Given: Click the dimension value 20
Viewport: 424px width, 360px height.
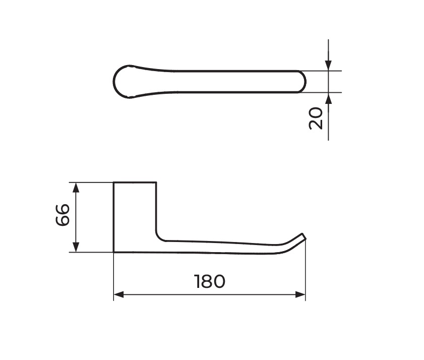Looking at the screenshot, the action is tap(316, 118).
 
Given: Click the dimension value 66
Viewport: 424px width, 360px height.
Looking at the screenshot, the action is tap(63, 215).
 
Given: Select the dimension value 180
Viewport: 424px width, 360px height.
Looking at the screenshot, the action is tap(210, 281).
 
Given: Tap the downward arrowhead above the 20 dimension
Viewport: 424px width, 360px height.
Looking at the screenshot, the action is tap(328, 65).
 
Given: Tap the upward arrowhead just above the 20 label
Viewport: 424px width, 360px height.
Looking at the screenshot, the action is tap(328, 98).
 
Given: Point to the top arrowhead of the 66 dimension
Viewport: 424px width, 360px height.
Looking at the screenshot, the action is tap(76, 188).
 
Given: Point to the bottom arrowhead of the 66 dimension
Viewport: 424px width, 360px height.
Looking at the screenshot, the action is tap(76, 247).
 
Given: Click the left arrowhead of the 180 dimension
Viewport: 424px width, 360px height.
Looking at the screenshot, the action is tap(118, 294).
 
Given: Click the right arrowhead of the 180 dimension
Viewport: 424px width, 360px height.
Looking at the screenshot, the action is tap(300, 294).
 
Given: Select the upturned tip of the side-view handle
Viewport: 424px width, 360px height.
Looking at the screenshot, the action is tap(304, 236).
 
